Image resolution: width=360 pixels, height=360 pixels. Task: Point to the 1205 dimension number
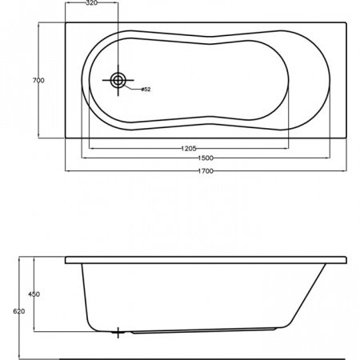coord(189,149)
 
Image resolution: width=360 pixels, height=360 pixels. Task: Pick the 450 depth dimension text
coord(34,295)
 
